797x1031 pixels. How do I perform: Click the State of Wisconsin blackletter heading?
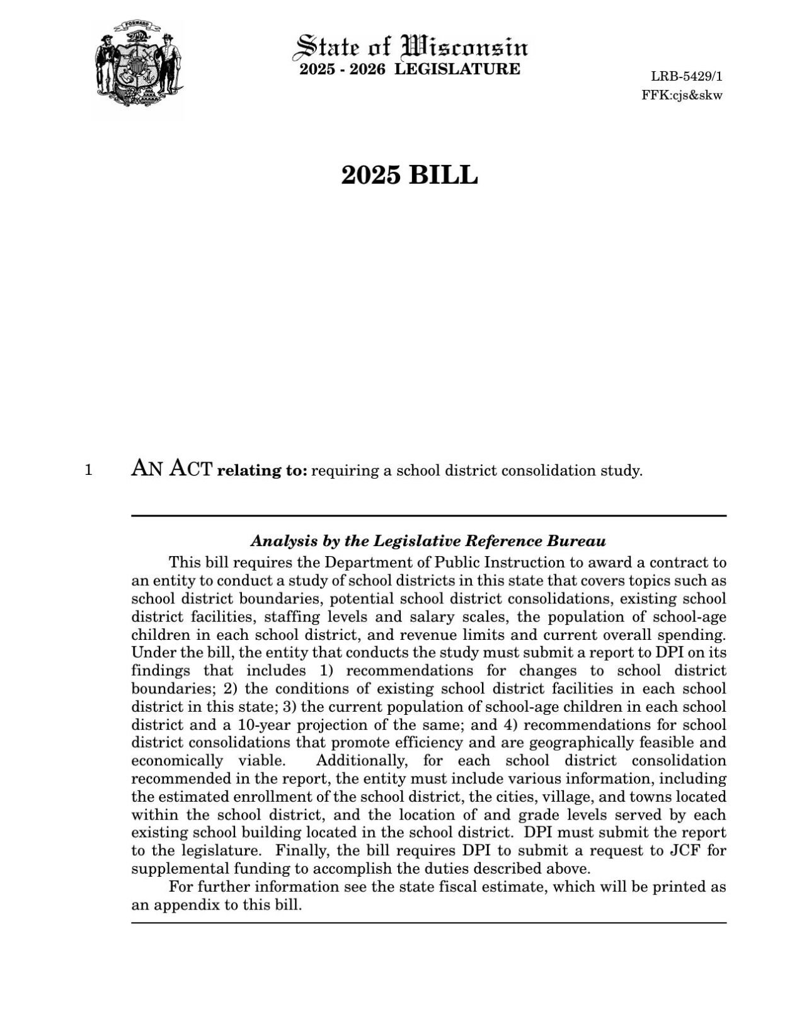pyautogui.click(x=411, y=46)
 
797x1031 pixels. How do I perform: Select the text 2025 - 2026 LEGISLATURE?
pyautogui.click(x=410, y=69)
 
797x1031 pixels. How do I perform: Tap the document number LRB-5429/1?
pyautogui.click(x=687, y=77)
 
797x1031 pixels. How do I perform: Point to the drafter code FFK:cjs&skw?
pyautogui.click(x=682, y=96)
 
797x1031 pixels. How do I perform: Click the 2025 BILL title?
pyautogui.click(x=410, y=175)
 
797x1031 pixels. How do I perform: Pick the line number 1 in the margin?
pyautogui.click(x=89, y=470)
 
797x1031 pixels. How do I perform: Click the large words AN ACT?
pyautogui.click(x=171, y=469)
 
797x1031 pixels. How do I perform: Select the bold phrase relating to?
pyautogui.click(x=262, y=470)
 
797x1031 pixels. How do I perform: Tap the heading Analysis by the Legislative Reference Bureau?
pyautogui.click(x=428, y=541)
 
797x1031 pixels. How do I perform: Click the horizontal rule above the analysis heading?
pyautogui.click(x=428, y=516)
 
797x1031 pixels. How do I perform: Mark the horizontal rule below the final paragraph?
pyautogui.click(x=428, y=923)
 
